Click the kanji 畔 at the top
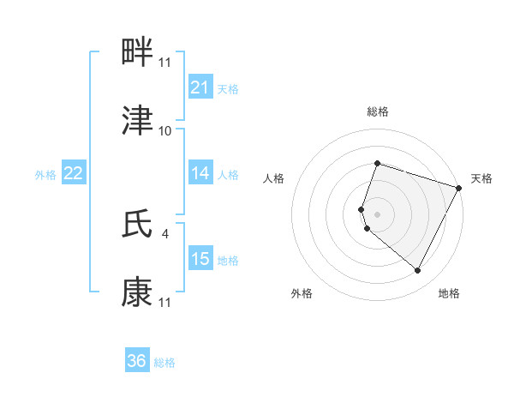[138, 53]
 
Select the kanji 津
[138, 121]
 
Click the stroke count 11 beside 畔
[164, 63]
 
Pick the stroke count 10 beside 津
[164, 131]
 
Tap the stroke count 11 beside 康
[164, 303]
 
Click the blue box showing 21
[200, 87]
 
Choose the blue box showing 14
[200, 173]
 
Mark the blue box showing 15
[200, 258]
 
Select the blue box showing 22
[74, 173]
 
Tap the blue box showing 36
[137, 361]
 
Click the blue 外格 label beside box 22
[45, 174]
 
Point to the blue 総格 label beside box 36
[164, 363]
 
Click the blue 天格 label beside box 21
[228, 88]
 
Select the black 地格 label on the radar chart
[449, 293]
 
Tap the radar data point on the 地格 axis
[418, 271]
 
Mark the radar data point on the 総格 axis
[377, 163]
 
